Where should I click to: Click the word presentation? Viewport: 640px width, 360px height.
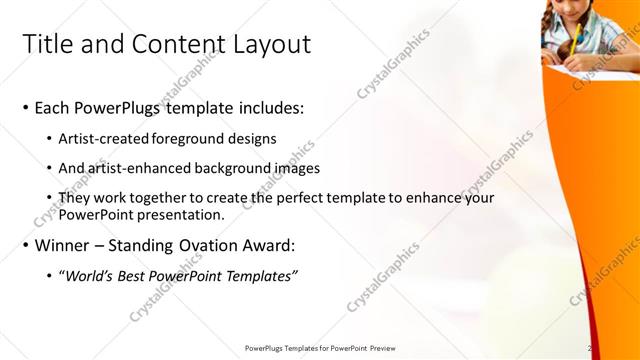[185, 214]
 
